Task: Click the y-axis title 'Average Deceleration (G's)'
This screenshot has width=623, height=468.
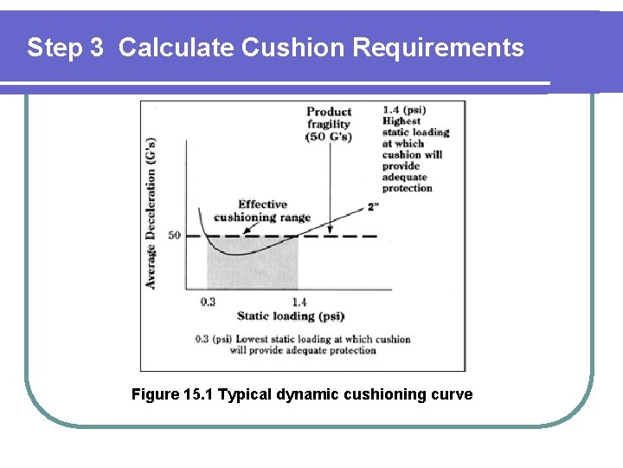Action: (151, 212)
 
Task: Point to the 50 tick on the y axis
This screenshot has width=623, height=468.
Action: (173, 236)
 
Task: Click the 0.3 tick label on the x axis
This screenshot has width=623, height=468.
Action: (208, 302)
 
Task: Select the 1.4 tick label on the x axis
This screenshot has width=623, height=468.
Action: (299, 302)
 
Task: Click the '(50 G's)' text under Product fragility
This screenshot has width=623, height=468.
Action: (329, 138)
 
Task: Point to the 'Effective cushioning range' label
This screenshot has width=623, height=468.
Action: (262, 211)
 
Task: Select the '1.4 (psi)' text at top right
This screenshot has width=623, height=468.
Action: (404, 110)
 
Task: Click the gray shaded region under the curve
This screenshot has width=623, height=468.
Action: (252, 269)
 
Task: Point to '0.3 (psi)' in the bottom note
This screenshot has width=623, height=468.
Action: (213, 339)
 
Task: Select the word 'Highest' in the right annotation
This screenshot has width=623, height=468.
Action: (402, 121)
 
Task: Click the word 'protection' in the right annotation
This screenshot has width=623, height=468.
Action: (408, 188)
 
